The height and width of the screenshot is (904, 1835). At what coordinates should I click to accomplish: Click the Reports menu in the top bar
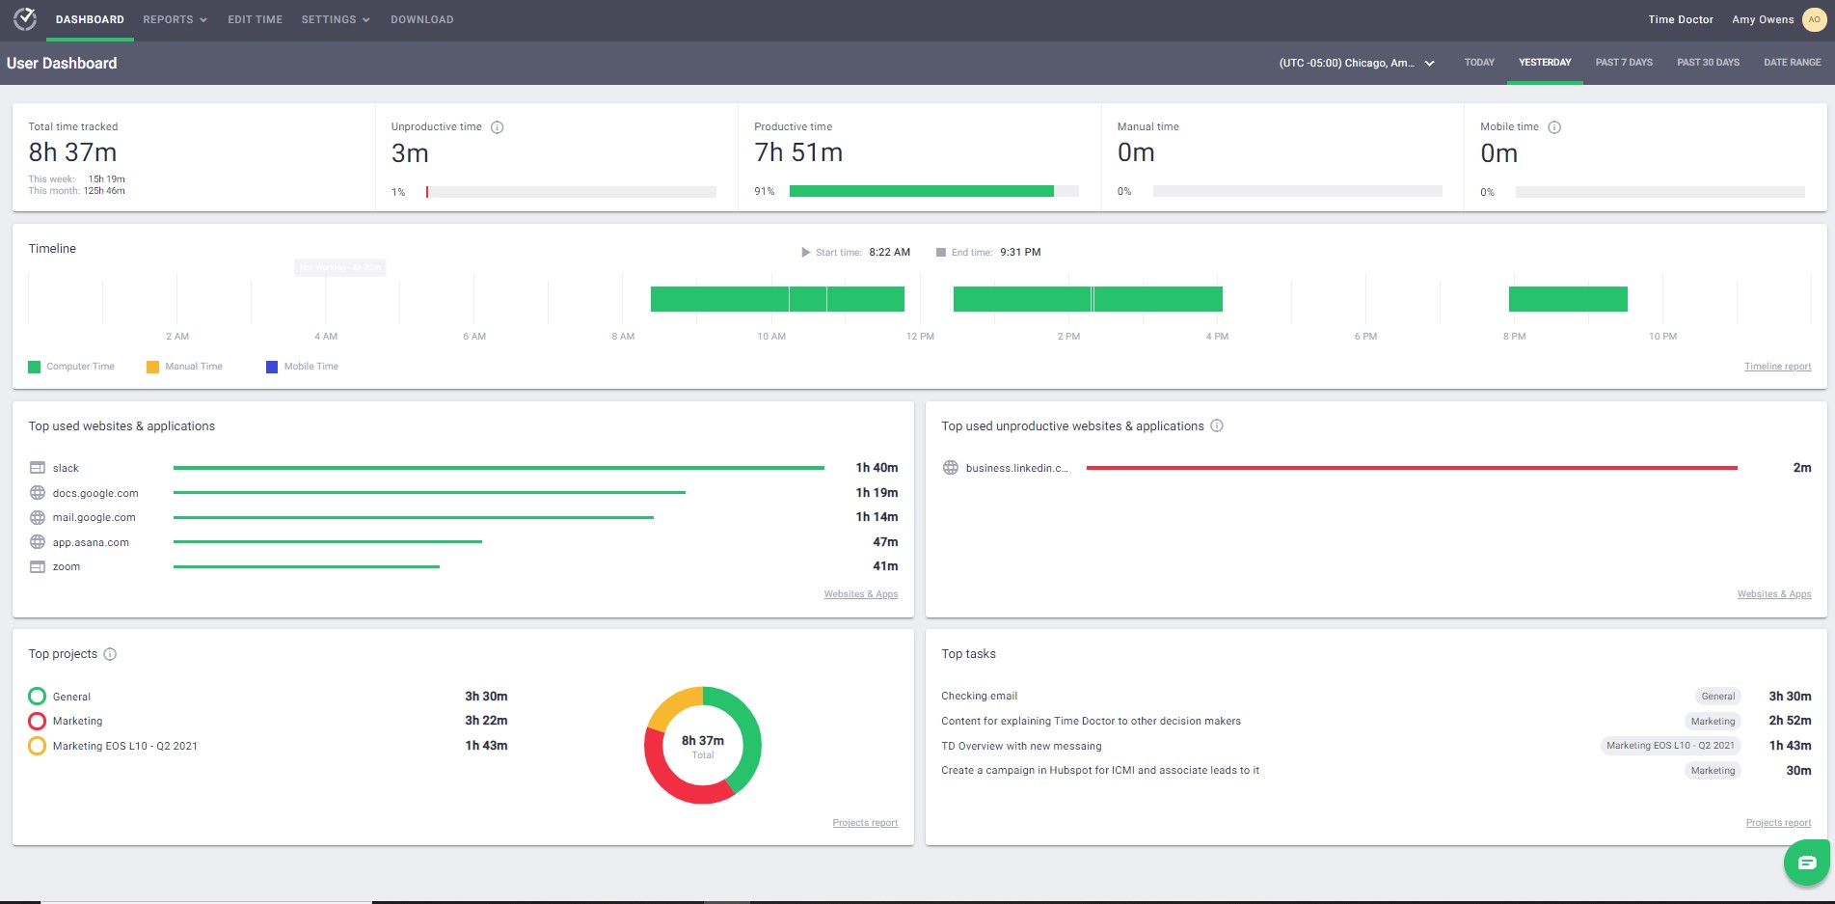coord(175,19)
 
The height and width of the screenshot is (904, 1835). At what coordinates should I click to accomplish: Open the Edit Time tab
coord(255,19)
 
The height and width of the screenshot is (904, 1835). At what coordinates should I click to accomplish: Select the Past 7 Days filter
coord(1623,63)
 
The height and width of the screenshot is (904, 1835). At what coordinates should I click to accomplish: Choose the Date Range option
coord(1792,63)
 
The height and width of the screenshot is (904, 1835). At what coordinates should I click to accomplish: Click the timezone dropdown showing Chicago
coord(1356,64)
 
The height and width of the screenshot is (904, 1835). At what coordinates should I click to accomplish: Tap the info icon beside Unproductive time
coord(498,127)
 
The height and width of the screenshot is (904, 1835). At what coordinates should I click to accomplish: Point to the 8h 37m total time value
coord(72,152)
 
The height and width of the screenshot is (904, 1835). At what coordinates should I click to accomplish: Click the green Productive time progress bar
coord(921,191)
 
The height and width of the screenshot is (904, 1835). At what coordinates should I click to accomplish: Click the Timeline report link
coord(1777,367)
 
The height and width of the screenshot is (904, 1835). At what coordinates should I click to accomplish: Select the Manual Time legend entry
coord(184,367)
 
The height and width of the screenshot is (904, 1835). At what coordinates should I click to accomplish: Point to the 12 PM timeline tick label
coord(920,337)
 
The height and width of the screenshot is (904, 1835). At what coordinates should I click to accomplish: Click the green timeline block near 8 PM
coord(1568,299)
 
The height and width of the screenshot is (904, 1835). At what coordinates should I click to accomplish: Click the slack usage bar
coord(499,468)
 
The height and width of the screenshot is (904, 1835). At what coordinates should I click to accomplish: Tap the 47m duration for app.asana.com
coord(884,542)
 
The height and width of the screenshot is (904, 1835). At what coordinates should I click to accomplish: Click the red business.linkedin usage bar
coord(1411,468)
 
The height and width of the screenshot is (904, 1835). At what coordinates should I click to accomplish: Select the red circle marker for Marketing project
coord(38,721)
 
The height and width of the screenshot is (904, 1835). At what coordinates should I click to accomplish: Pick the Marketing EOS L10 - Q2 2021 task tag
coord(1670,746)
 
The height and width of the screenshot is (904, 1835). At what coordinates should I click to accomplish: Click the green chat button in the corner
coord(1806,863)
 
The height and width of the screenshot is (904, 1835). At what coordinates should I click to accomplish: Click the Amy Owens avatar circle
coord(1814,19)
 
